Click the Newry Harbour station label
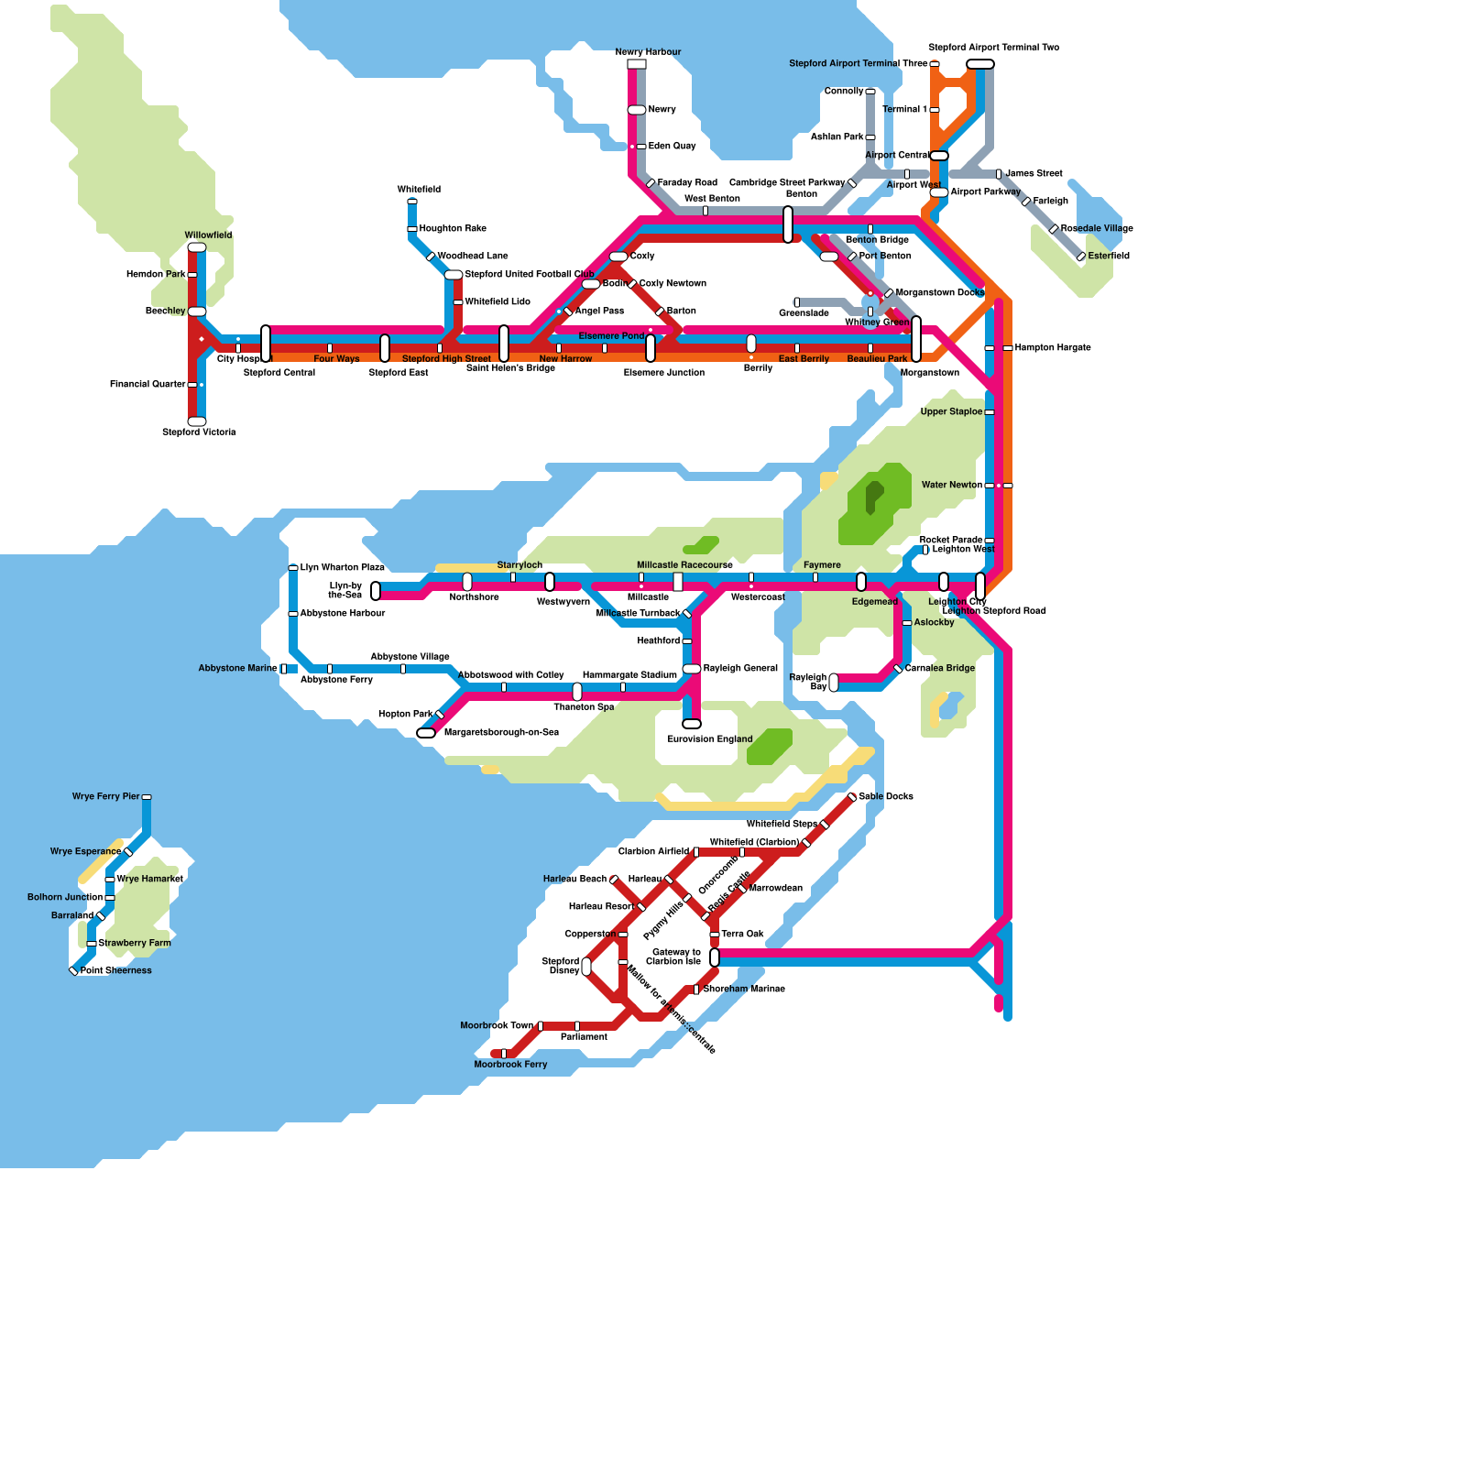tap(648, 52)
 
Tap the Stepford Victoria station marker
tap(197, 421)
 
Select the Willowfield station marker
tap(197, 247)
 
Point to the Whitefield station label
tap(419, 190)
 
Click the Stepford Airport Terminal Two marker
tap(980, 64)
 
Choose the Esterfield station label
tap(1109, 256)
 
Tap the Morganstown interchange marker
tap(916, 339)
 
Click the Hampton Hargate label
tap(1053, 348)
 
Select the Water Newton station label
tap(952, 485)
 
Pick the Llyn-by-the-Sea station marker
tap(376, 591)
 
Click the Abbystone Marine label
tap(237, 668)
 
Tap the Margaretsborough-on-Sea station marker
tap(426, 733)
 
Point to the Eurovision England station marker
tap(692, 724)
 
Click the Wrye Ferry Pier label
tap(105, 796)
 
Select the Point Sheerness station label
tap(116, 970)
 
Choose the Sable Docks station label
tap(886, 796)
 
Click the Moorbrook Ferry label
tap(510, 1065)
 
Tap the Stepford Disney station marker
tap(586, 967)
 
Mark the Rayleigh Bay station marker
tap(834, 683)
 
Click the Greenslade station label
tap(804, 313)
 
